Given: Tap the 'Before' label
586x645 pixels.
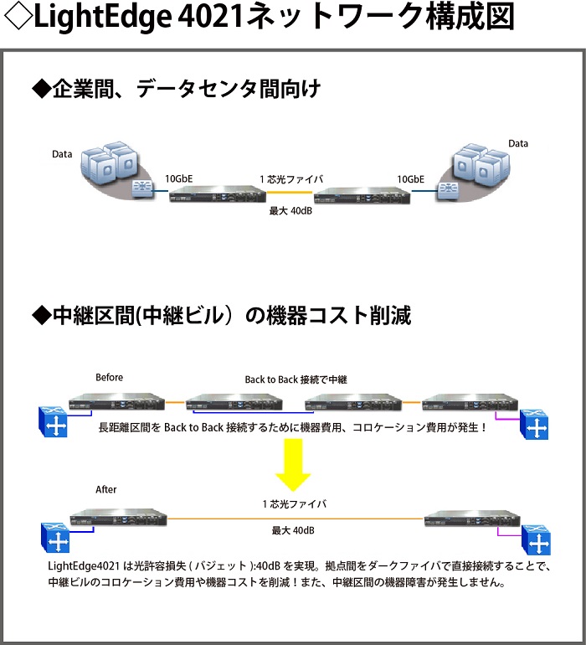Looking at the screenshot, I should [x=109, y=377].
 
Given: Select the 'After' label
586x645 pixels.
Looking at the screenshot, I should [x=106, y=489].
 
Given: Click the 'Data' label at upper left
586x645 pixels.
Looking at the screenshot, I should [x=62, y=154].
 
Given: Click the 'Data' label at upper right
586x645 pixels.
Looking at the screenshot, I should [x=518, y=143].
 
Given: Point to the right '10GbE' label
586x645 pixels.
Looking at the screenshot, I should [x=410, y=178].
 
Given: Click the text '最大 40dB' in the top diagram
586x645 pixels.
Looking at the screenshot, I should [x=290, y=211].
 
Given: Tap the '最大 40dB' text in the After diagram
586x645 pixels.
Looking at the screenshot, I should [x=293, y=530].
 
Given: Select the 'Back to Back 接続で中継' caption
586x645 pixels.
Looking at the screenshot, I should [x=296, y=379].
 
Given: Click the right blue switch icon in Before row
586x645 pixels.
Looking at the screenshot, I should [x=534, y=426].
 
